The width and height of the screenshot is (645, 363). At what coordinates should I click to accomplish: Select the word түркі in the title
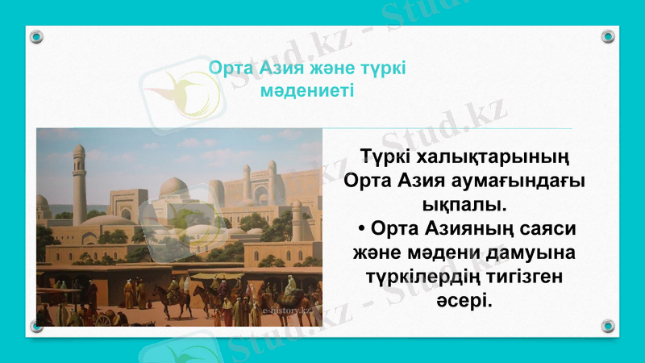point(382,68)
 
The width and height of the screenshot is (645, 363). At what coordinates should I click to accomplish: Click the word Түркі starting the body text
point(385,154)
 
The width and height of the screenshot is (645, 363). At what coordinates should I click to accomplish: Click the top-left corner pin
point(36,36)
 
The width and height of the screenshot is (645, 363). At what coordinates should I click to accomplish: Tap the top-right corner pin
point(608,36)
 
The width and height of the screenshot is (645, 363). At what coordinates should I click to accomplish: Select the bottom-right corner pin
point(608,326)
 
